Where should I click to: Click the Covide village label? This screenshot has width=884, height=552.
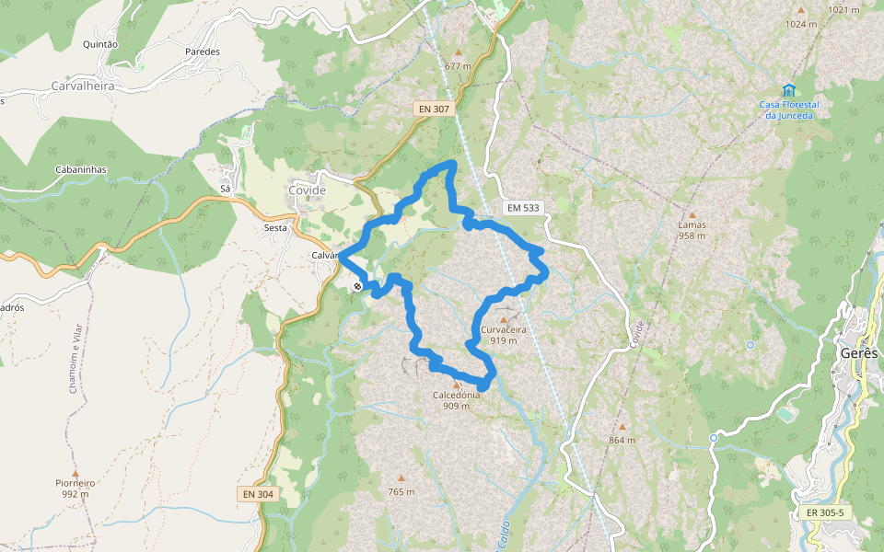point(307,190)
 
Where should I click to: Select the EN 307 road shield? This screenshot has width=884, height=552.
point(435,109)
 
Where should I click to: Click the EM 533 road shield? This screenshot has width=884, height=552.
point(522,208)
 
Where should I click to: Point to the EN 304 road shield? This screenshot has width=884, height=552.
point(259,494)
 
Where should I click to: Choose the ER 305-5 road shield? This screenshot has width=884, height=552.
point(824,512)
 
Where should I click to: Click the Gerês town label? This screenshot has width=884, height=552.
point(859,353)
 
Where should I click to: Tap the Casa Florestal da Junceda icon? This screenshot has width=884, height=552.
point(788,90)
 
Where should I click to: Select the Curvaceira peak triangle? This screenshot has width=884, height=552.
point(503,319)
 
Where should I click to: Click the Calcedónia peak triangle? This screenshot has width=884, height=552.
point(456,385)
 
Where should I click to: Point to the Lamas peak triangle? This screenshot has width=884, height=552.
point(692,214)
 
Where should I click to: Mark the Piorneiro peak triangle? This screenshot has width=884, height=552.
point(76,472)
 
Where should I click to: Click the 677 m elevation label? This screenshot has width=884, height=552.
point(458,66)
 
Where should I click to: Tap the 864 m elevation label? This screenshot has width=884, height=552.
point(622,440)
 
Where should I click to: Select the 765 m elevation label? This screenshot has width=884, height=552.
point(401,492)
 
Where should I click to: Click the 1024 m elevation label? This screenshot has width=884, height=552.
point(800,24)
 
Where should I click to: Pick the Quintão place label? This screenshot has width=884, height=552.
point(100,44)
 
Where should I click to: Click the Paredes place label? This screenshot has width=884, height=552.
point(203,52)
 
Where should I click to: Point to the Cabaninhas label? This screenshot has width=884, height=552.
point(82,170)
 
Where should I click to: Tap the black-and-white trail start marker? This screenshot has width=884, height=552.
point(357,286)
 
